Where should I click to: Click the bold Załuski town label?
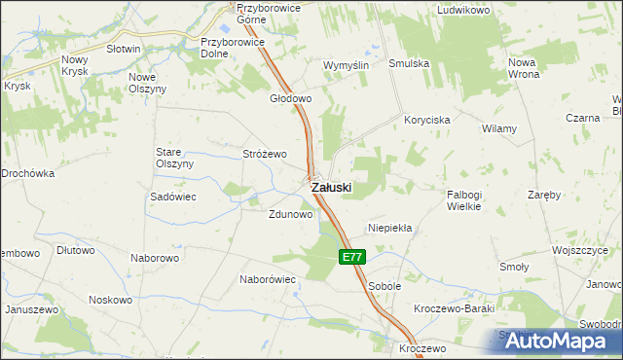(331, 187)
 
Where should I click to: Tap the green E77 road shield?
(353, 257)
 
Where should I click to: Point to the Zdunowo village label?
(291, 215)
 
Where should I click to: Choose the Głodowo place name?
(290, 98)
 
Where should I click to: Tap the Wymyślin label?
(346, 65)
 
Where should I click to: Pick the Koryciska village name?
(427, 120)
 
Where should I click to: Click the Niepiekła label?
(390, 228)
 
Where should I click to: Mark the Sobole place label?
(385, 287)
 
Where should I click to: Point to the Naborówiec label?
(268, 279)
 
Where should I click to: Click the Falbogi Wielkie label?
(471, 199)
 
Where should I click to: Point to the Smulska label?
(410, 64)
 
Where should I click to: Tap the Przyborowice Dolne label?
(229, 48)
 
